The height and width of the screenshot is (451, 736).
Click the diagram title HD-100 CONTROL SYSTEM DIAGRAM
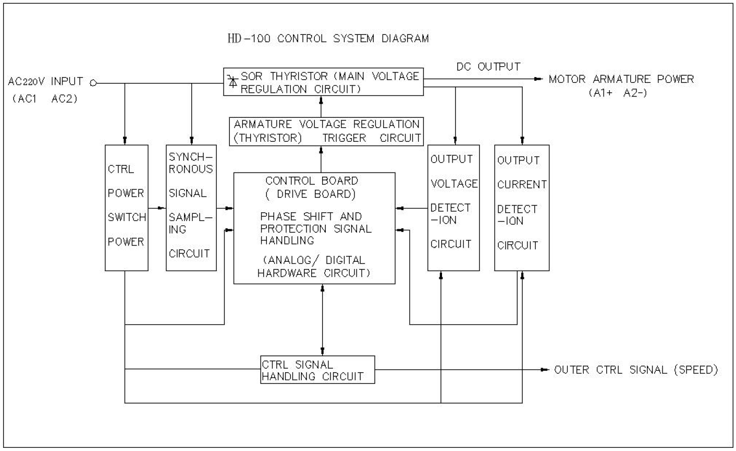pyautogui.click(x=328, y=39)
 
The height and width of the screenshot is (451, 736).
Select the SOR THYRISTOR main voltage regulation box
pyautogui.click(x=323, y=82)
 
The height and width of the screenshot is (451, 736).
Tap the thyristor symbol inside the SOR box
pyautogui.click(x=233, y=81)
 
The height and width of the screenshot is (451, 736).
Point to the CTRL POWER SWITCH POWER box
pyautogui.click(x=126, y=208)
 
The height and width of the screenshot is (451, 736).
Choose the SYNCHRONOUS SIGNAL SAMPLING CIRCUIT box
pyautogui.click(x=191, y=208)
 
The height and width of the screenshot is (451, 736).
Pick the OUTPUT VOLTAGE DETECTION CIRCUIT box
pyautogui.click(x=453, y=208)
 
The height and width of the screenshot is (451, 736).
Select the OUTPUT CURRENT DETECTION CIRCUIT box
pyautogui.click(x=521, y=208)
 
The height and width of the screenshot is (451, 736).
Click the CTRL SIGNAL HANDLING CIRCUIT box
pyautogui.click(x=317, y=370)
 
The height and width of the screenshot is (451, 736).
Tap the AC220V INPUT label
pyautogui.click(x=45, y=82)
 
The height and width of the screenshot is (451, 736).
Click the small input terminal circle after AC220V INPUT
pyautogui.click(x=93, y=82)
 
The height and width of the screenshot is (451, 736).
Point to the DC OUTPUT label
pyautogui.click(x=488, y=67)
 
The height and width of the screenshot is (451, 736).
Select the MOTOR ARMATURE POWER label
pyautogui.click(x=621, y=79)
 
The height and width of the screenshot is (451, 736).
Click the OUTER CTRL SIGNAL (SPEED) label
pyautogui.click(x=635, y=370)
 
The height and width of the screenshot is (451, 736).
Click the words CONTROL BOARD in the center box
pyautogui.click(x=312, y=181)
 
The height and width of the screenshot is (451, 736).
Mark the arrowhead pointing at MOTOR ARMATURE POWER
pyautogui.click(x=538, y=79)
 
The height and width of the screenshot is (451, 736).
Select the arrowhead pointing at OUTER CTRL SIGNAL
pyautogui.click(x=545, y=370)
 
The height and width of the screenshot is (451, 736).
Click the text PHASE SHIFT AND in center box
pyautogui.click(x=311, y=216)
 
